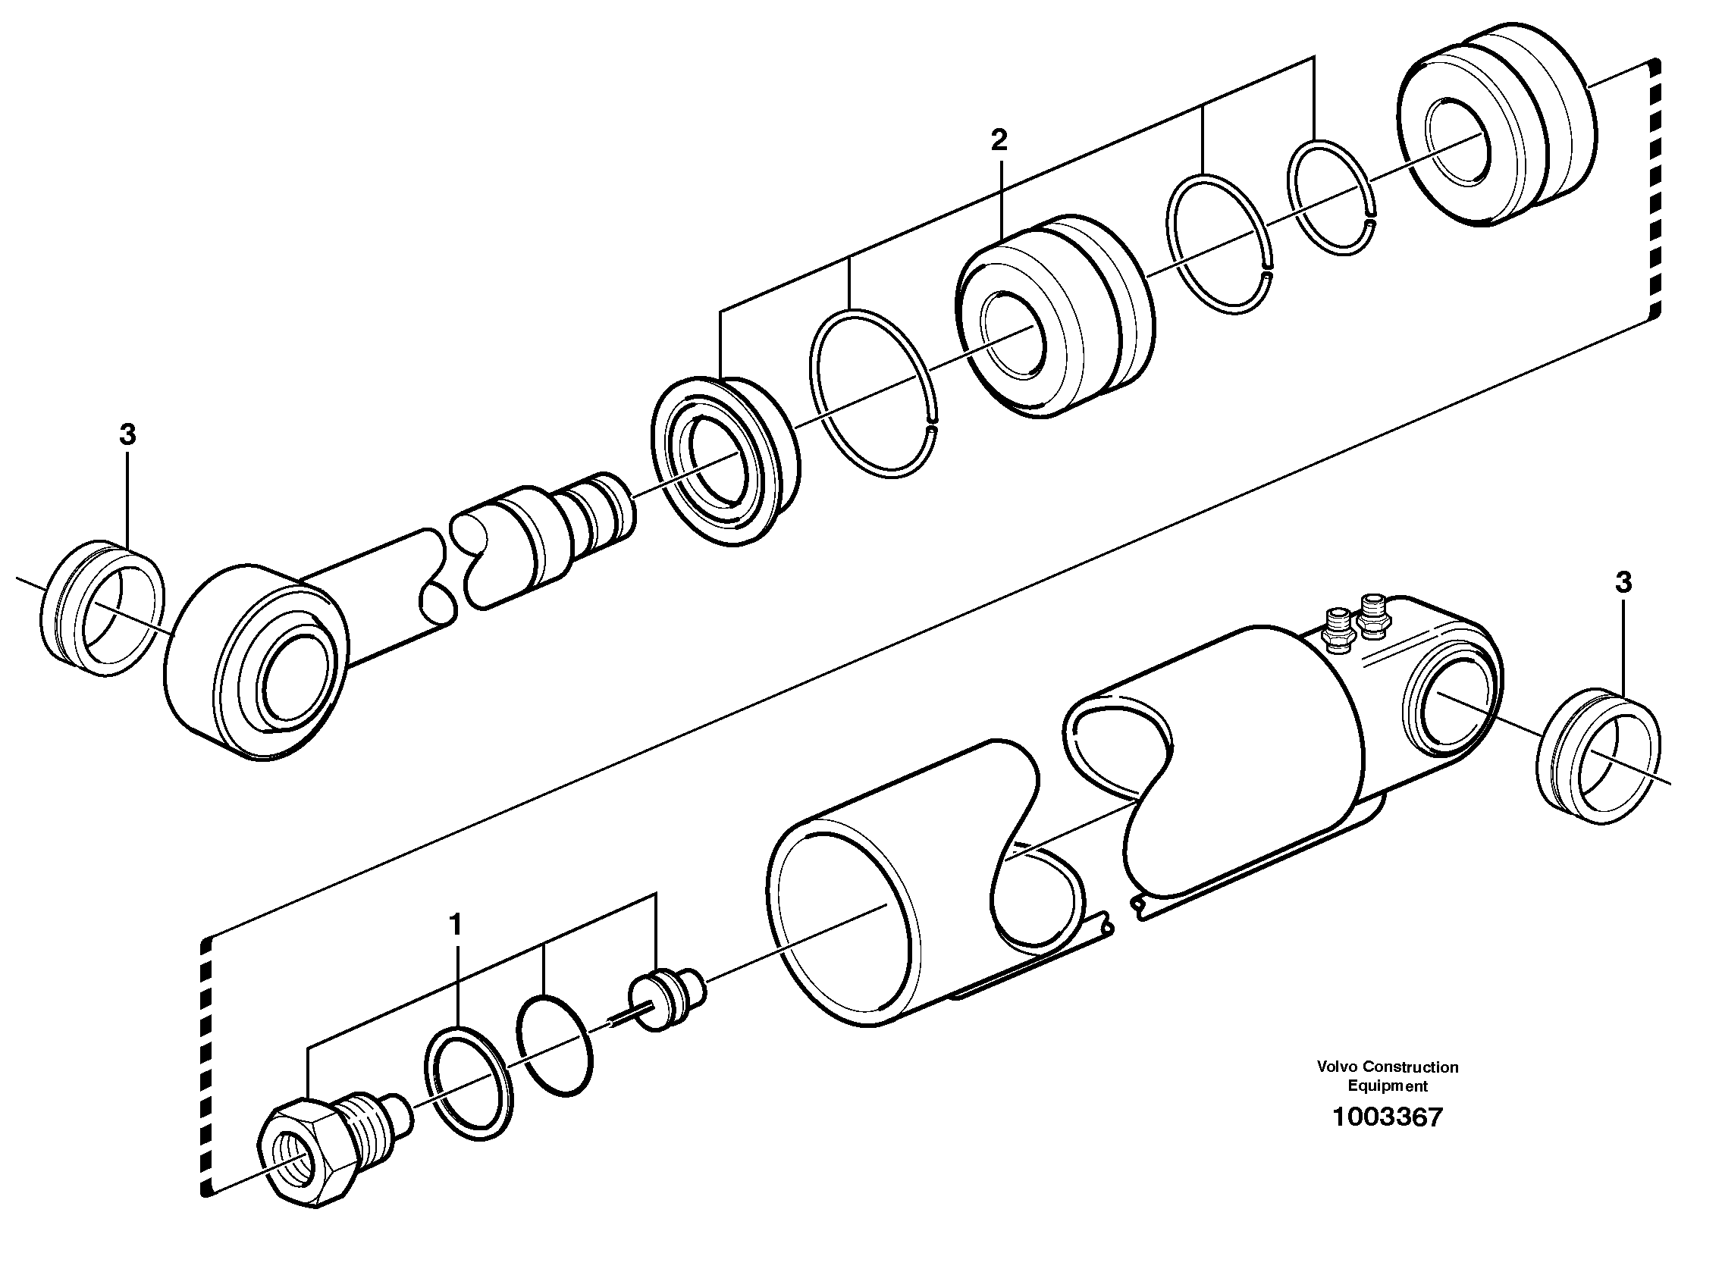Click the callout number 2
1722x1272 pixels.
[x=998, y=140]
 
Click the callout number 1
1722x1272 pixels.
[x=456, y=924]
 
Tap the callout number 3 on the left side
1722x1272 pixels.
[x=127, y=435]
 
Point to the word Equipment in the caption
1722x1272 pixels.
[x=1387, y=1086]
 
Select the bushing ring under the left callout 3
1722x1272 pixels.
[x=102, y=608]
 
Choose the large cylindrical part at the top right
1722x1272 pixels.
[x=1494, y=131]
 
